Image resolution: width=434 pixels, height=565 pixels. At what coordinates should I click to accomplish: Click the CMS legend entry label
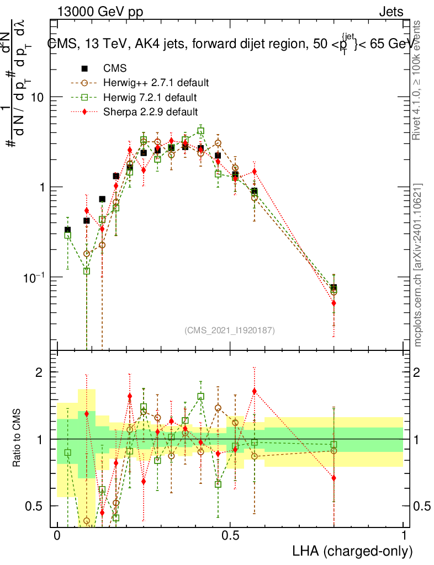[115, 69]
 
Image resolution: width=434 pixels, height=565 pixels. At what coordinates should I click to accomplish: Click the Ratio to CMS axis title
[18, 438]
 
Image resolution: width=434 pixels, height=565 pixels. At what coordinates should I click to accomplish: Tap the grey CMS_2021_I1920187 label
[229, 330]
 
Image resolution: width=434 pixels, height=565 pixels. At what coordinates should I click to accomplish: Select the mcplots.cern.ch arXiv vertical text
[418, 265]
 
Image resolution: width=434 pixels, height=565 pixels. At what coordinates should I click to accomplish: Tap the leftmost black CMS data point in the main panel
[67, 230]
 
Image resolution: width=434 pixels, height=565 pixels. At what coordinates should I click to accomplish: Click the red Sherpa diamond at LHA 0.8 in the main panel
[334, 303]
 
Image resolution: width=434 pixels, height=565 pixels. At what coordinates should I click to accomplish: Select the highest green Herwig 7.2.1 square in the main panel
[200, 131]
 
